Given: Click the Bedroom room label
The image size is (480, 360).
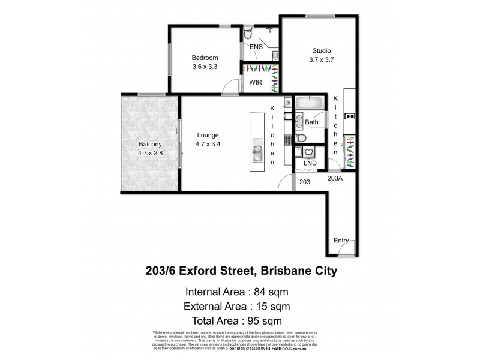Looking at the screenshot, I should click(204, 58).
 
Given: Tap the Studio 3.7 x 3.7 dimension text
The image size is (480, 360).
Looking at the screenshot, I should click(321, 60).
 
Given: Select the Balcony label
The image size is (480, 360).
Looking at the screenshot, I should click(149, 144).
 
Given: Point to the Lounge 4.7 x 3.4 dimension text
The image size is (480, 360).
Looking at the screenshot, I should click(207, 145).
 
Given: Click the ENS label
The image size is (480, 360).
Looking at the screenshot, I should click(256, 47).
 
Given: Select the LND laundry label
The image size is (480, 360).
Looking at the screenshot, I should click(310, 163).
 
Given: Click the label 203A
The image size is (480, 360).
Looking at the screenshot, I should click(335, 178).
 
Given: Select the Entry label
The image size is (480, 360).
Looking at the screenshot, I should click(341, 240).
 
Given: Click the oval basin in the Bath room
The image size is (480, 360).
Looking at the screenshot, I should click(299, 124).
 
